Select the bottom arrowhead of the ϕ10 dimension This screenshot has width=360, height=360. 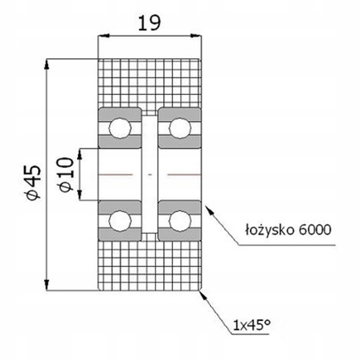coord(86,196)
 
